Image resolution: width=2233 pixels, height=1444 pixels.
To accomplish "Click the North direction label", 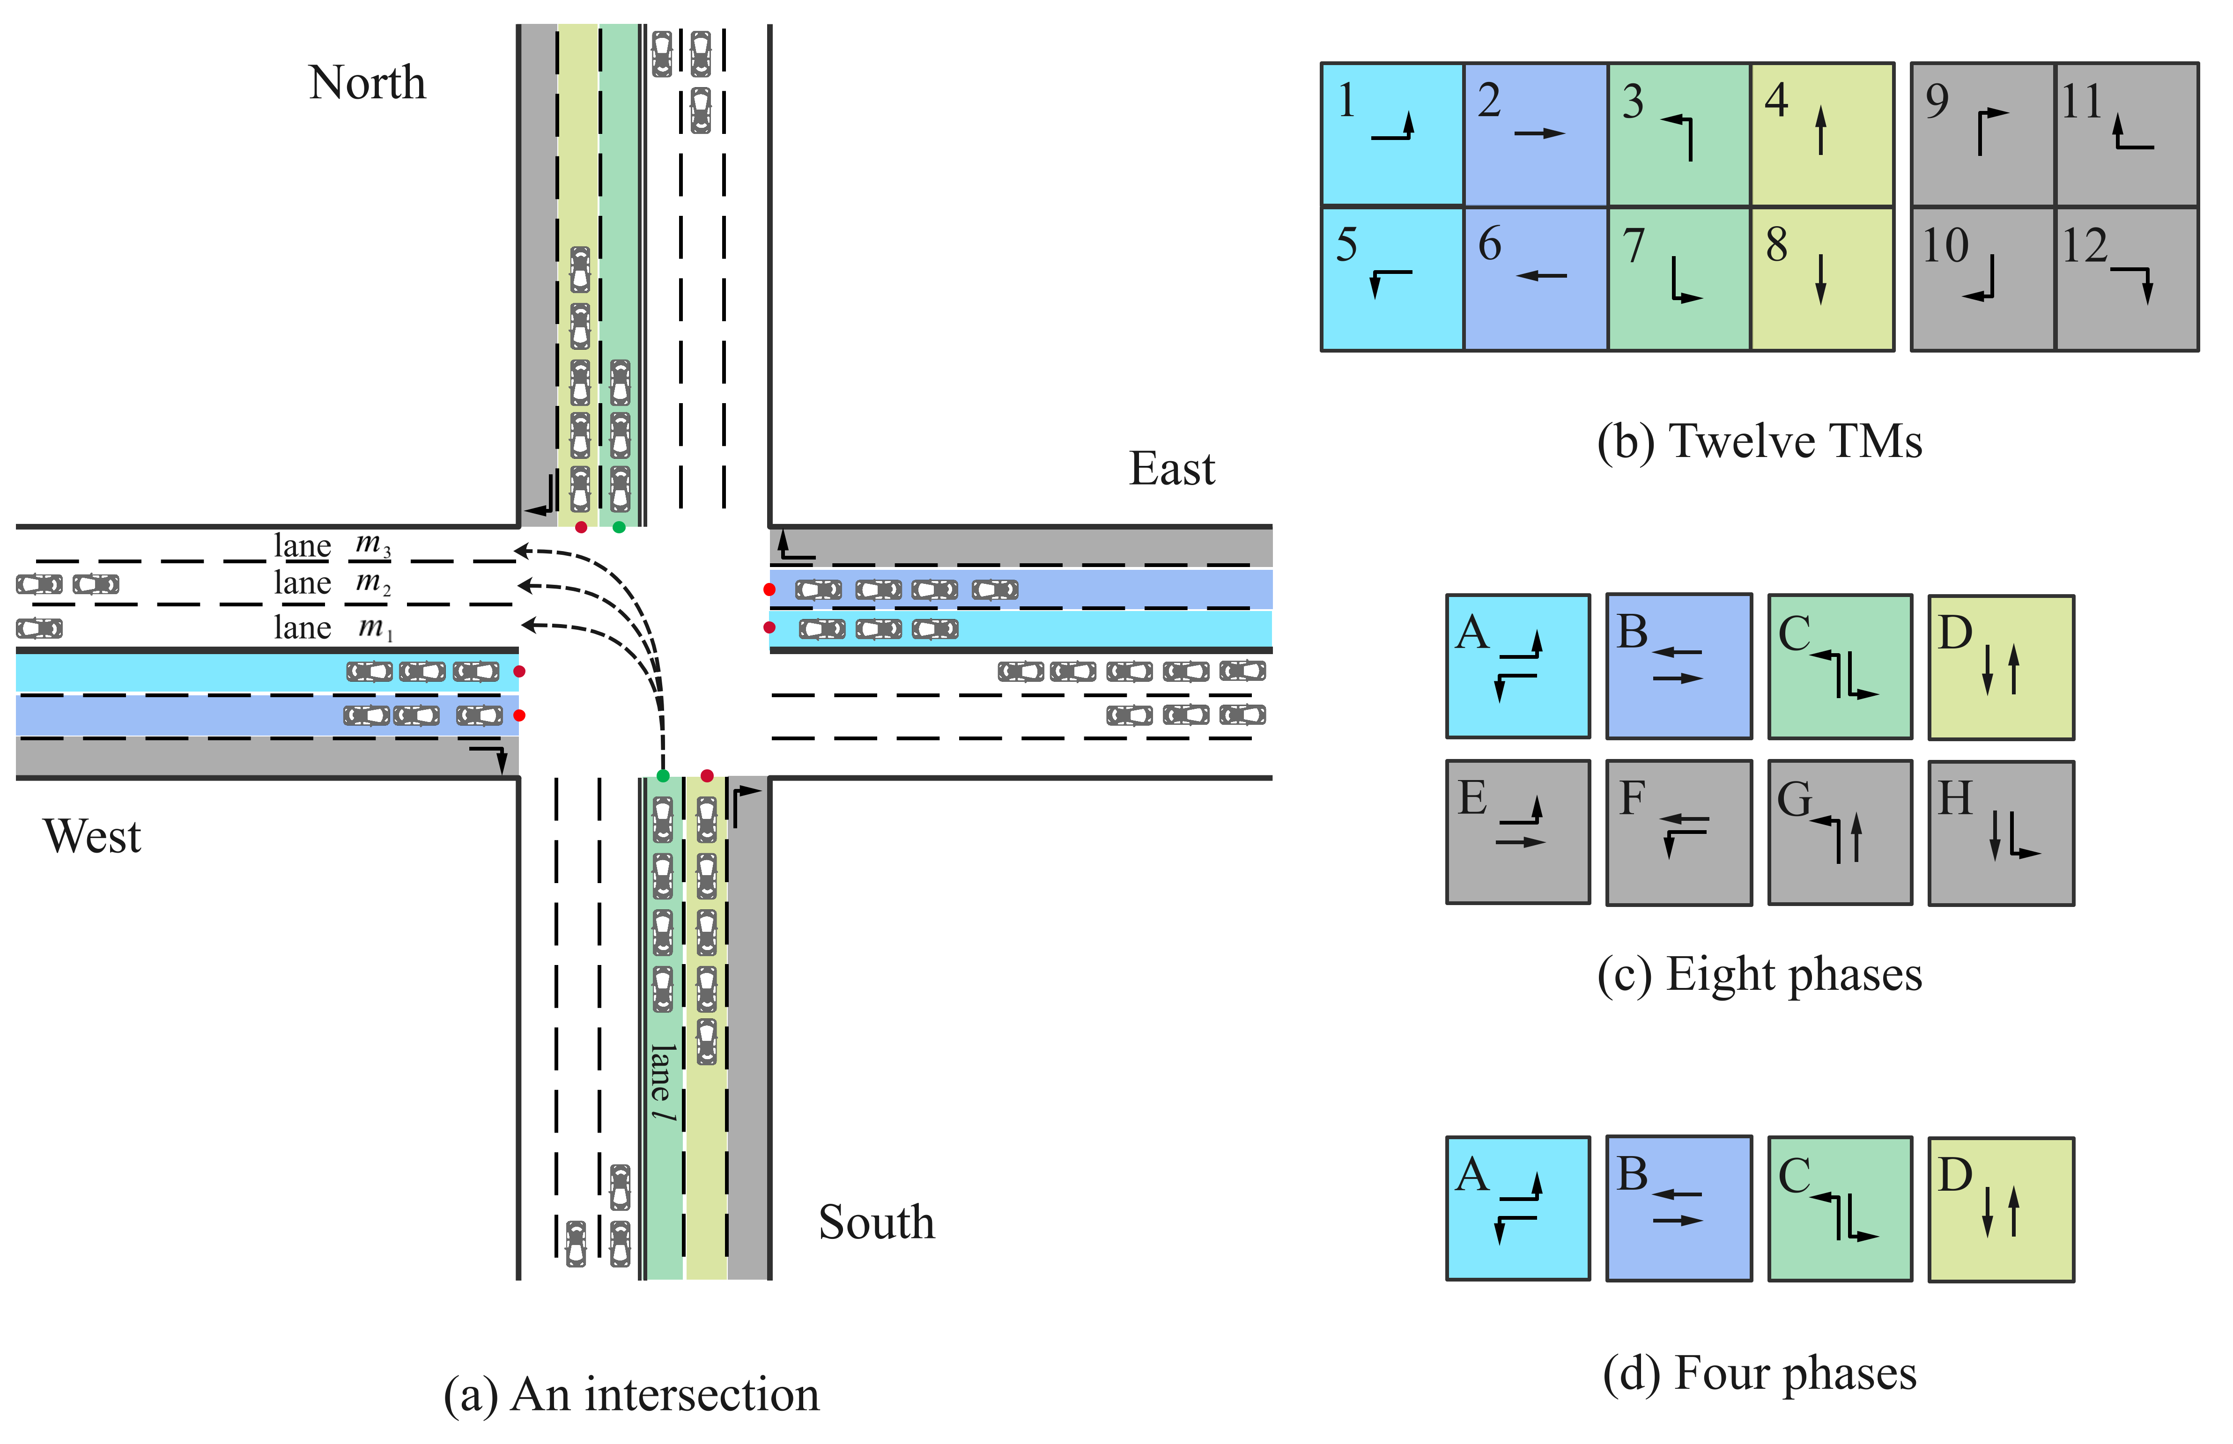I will [x=367, y=83].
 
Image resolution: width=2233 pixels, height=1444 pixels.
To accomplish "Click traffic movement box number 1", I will [x=1392, y=134].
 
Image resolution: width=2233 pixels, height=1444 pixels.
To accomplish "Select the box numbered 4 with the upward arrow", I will [x=1820, y=134].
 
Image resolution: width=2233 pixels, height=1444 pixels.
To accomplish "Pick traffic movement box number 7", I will [x=1678, y=279].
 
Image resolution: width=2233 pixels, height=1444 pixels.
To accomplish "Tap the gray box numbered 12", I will [x=2126, y=279].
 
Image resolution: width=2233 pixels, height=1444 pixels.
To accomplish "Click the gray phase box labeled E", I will [x=1517, y=832].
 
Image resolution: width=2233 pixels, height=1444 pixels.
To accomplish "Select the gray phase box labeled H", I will [x=2000, y=832].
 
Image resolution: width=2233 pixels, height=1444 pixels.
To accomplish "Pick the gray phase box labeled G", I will [x=1839, y=832].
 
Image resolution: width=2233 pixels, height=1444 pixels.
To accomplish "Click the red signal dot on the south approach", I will [x=707, y=775].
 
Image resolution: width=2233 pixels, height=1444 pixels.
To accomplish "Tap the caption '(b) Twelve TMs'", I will [x=1760, y=441].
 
